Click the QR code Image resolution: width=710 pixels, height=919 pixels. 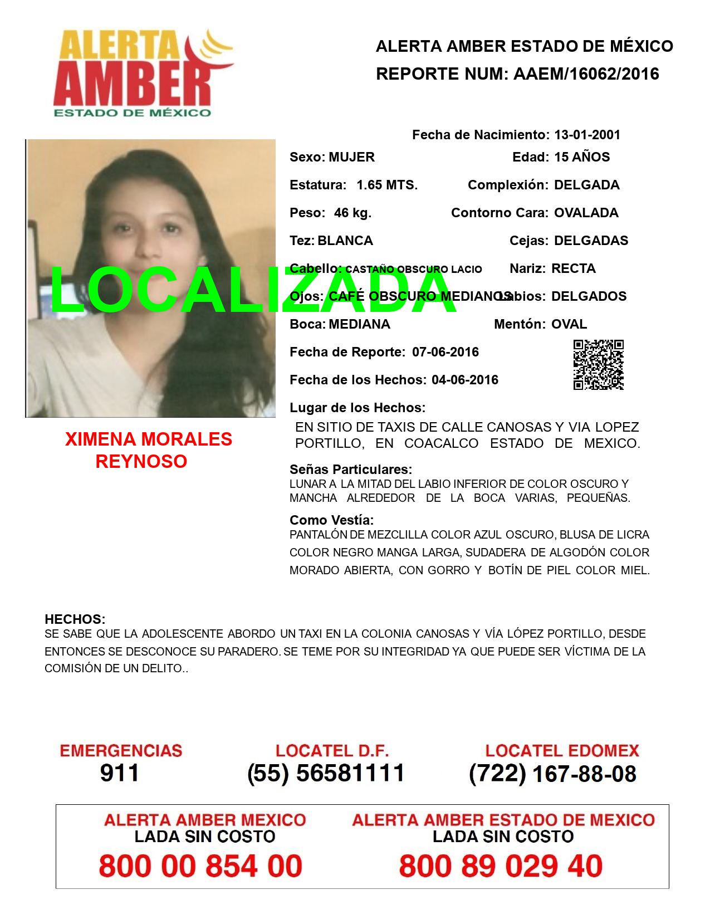(x=599, y=365)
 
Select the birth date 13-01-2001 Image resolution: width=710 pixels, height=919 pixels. (x=587, y=135)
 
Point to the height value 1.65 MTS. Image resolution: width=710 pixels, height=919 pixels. (x=387, y=185)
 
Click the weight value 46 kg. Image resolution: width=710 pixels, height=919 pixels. (x=352, y=213)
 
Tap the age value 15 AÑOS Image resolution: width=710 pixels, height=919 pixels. (x=582, y=157)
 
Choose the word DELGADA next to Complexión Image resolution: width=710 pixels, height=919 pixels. (x=586, y=185)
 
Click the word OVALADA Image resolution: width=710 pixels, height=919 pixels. (x=586, y=213)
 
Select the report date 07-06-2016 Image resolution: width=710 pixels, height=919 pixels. (x=445, y=352)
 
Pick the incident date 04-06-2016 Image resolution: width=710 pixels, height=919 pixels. (x=465, y=380)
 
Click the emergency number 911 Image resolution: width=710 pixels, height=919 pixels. (x=120, y=773)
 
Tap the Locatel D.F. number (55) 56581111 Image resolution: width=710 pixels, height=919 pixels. (x=326, y=773)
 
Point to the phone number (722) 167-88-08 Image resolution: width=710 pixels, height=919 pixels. (x=552, y=773)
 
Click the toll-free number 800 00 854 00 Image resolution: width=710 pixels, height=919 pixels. (x=200, y=867)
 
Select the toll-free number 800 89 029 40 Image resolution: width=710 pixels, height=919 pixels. (x=501, y=867)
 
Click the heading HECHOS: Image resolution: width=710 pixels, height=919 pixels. (x=75, y=619)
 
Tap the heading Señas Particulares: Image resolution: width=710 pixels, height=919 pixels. (x=351, y=469)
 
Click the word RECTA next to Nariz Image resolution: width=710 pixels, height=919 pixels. (x=574, y=268)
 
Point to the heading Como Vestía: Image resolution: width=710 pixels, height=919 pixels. (x=331, y=520)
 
